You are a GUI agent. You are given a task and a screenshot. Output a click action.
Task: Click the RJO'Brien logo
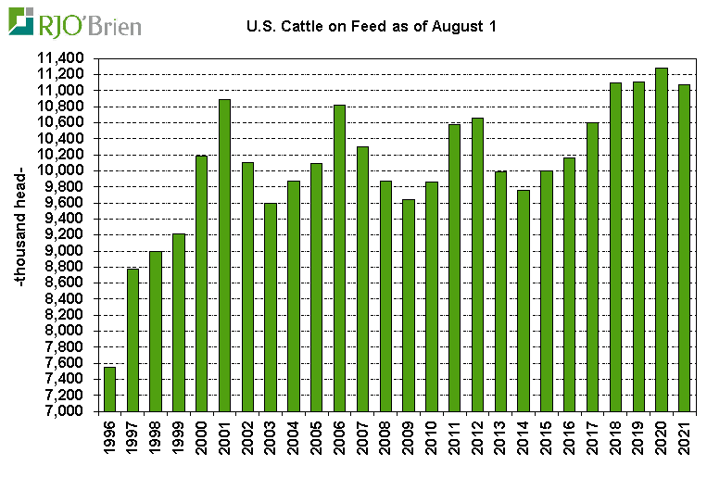pos(75,22)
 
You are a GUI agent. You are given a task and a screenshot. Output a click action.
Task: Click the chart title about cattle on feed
pos(372,26)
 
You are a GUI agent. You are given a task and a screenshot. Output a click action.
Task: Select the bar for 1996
pos(110,388)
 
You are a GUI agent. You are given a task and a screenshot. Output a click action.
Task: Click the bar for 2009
pos(409,305)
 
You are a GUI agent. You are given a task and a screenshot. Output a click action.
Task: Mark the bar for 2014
pos(524,300)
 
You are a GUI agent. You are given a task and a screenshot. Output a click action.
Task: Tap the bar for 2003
pos(271,307)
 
